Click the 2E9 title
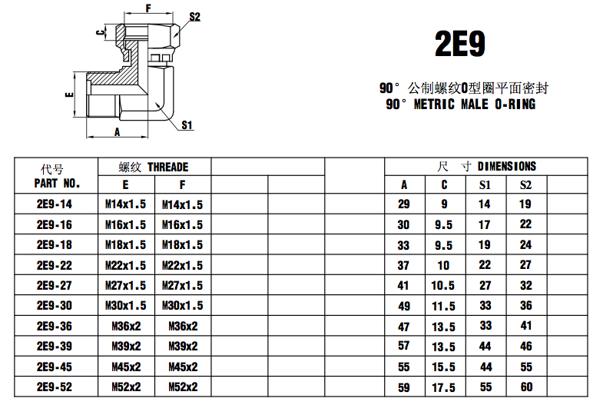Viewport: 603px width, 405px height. pos(460,44)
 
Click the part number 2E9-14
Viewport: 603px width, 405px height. pos(54,204)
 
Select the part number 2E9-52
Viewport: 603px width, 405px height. pos(54,387)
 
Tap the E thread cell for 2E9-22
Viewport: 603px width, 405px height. pos(125,265)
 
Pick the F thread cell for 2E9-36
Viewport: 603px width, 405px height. pos(182,326)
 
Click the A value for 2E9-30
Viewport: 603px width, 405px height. pos(404,306)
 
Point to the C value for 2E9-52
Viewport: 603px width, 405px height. pos(444,387)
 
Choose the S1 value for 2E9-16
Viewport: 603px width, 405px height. pos(485,225)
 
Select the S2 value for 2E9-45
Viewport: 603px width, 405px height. pos(525,367)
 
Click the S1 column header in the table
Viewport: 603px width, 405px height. pos(485,184)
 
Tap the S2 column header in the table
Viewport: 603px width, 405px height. pos(525,184)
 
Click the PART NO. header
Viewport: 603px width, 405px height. pos(57,184)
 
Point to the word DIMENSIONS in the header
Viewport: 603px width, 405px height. pos(507,166)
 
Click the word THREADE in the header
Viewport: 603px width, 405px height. pos(167,167)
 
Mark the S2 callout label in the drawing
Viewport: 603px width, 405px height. pos(194,17)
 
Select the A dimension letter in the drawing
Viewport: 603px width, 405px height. pos(118,131)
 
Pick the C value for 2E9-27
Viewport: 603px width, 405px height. pos(444,285)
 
